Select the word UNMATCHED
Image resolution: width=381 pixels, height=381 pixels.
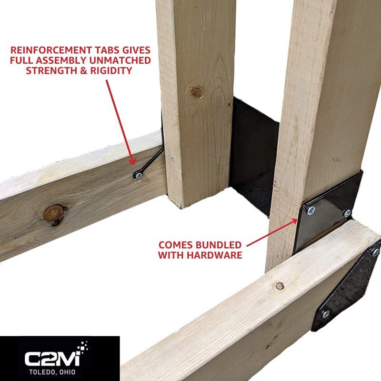click(120, 60)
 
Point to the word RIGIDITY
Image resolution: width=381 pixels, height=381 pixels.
click(111, 70)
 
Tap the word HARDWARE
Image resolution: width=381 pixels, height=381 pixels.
click(216, 255)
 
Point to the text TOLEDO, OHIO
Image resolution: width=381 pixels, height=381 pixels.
click(52, 372)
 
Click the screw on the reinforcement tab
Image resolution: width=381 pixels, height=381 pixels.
click(138, 175)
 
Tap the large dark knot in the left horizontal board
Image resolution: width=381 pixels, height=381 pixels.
click(54, 214)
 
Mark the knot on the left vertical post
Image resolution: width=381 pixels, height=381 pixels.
click(196, 91)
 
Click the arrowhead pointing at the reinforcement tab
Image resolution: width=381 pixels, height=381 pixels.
click(132, 161)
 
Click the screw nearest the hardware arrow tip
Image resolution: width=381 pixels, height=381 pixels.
click(311, 211)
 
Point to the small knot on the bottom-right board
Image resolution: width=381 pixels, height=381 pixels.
click(280, 286)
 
